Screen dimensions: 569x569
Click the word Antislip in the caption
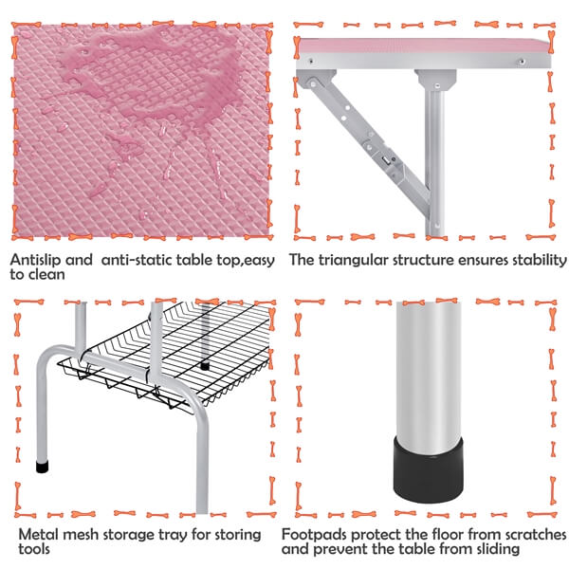[x=33, y=260]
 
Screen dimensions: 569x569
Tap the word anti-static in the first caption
[x=136, y=260]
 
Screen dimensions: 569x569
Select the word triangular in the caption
[x=354, y=261]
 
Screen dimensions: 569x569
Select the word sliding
[x=497, y=549]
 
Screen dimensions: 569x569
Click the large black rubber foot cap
[x=429, y=470]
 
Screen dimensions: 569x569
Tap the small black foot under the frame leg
[x=43, y=467]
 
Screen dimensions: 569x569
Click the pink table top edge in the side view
[x=423, y=46]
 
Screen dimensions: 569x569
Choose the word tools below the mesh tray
[x=34, y=549]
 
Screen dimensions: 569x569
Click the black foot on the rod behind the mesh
[x=205, y=366]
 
